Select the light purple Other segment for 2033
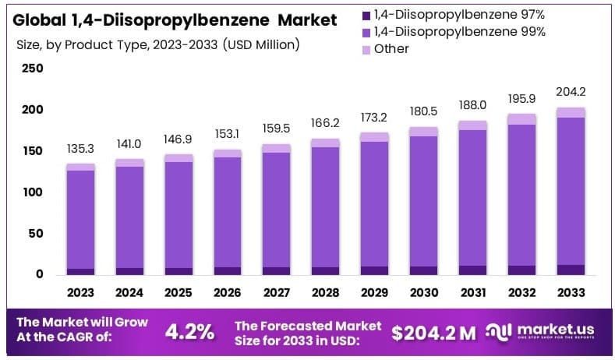(571, 112)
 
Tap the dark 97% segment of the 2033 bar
(571, 270)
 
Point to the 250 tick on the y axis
(33, 69)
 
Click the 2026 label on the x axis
(228, 292)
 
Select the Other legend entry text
(391, 48)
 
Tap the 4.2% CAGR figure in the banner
(190, 331)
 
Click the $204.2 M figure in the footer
(433, 332)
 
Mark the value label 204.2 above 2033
(571, 91)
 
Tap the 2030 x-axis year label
(423, 292)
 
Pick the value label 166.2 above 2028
(326, 123)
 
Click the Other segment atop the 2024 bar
(129, 162)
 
